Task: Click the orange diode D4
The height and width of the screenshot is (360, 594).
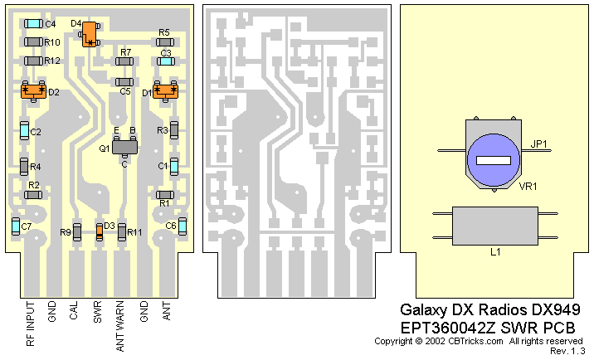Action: tap(89, 33)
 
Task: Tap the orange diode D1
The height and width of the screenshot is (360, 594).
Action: tap(166, 91)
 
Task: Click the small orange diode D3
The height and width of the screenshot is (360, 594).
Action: tap(100, 231)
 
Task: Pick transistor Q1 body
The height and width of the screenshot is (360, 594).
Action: tap(124, 147)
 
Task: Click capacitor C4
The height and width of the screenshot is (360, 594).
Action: tap(33, 23)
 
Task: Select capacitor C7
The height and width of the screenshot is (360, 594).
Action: tap(16, 226)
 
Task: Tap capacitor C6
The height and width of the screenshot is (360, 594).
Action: tap(183, 226)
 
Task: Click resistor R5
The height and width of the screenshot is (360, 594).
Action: tap(164, 41)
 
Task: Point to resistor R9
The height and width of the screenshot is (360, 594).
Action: tap(76, 231)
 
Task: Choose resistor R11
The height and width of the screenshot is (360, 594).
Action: tap(121, 231)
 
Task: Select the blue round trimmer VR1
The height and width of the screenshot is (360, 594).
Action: tap(493, 158)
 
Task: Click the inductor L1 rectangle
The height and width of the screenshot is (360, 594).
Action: tap(493, 226)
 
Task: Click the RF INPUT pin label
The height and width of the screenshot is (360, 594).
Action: tap(30, 328)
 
